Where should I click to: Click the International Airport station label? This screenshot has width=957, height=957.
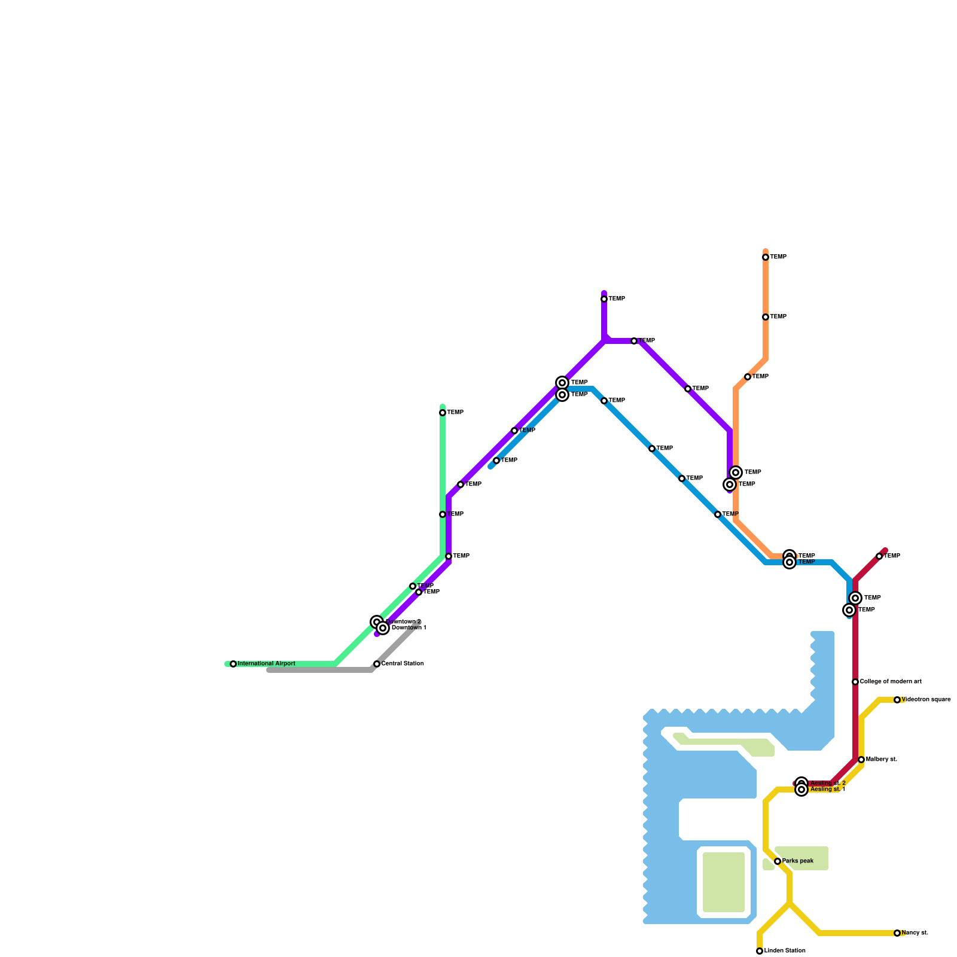click(x=266, y=664)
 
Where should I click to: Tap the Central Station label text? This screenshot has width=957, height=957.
click(x=403, y=664)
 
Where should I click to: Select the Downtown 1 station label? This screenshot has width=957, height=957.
click(x=409, y=629)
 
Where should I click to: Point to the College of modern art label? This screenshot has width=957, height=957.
click(x=891, y=682)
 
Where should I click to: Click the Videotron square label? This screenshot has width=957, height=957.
click(x=926, y=700)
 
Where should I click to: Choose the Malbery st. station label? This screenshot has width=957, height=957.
click(x=882, y=760)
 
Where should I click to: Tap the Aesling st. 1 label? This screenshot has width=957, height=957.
click(x=828, y=790)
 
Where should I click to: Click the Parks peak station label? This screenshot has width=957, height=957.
click(x=798, y=861)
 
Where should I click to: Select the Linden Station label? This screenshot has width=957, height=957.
click(x=785, y=951)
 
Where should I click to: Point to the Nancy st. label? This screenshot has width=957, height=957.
click(x=915, y=933)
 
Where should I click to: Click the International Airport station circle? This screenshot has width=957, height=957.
click(x=233, y=664)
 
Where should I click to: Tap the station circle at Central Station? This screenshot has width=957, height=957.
click(x=377, y=664)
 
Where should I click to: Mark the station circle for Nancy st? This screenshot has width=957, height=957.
click(x=897, y=933)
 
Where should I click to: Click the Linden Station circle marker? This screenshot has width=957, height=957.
click(x=760, y=951)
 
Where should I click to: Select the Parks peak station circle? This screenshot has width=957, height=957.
click(x=778, y=861)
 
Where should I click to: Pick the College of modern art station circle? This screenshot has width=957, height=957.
click(x=855, y=682)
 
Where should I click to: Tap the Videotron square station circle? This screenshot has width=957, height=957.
click(x=897, y=700)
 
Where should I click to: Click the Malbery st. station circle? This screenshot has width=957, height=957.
click(x=861, y=760)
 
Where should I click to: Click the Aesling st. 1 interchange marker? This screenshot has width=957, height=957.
click(x=801, y=790)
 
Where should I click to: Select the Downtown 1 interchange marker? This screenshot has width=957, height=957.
click(x=383, y=628)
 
